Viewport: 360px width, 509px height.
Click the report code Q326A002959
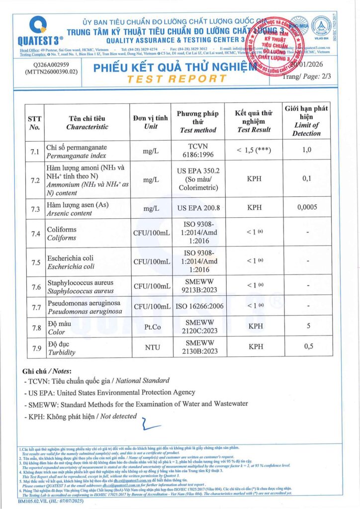tap(48, 64)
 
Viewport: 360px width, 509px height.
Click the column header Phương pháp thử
tap(197, 122)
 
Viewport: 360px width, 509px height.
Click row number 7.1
tap(34, 152)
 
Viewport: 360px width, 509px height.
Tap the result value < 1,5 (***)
tap(254, 151)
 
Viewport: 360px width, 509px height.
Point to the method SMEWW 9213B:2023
tap(197, 287)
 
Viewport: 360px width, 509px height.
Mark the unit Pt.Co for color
tap(150, 328)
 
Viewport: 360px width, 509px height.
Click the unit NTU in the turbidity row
tap(150, 347)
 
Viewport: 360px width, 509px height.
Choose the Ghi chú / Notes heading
tap(47, 371)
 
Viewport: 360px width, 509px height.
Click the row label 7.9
tap(34, 347)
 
